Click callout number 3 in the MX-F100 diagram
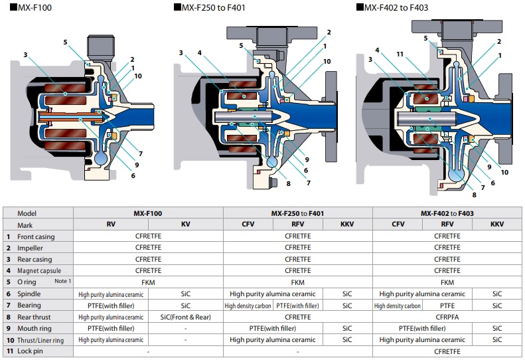(x=25, y=55)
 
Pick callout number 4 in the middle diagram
(x=198, y=52)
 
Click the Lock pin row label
(x=29, y=350)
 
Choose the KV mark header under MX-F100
(x=185, y=225)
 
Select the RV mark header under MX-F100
(x=110, y=225)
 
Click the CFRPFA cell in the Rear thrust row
(x=447, y=316)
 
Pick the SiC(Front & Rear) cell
(x=185, y=316)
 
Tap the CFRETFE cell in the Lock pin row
(x=447, y=350)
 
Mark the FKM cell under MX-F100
(x=148, y=282)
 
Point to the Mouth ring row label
(x=34, y=327)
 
